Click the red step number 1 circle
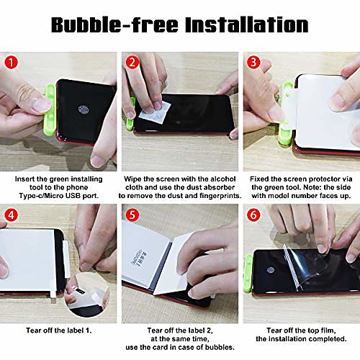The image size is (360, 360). tap(11, 63)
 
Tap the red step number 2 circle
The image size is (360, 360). tap(132, 63)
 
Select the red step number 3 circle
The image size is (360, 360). tap(253, 63)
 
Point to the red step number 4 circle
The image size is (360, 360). tap(11, 215)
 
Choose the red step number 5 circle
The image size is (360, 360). tap(132, 215)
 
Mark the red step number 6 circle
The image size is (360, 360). tap(253, 215)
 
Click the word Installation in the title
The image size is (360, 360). tap(247, 24)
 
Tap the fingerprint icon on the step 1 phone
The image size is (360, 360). tap(84, 109)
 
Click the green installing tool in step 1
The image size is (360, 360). tap(50, 110)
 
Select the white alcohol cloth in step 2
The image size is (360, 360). tap(155, 112)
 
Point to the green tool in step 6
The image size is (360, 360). tap(248, 273)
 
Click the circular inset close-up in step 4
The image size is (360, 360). tap(87, 294)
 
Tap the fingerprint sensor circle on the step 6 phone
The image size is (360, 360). tap(271, 270)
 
